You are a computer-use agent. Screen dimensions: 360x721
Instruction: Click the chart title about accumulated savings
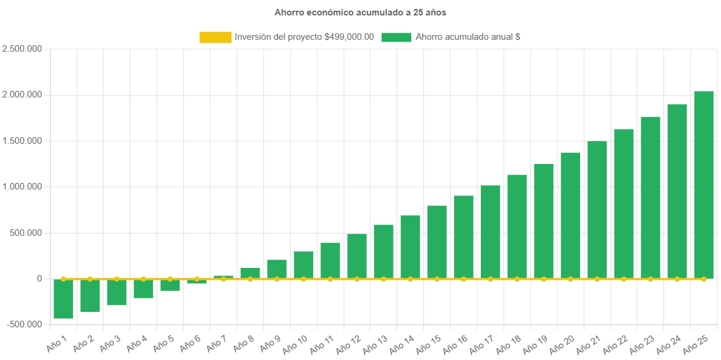click(360, 12)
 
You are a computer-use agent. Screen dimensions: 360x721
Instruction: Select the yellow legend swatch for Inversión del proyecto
click(215, 37)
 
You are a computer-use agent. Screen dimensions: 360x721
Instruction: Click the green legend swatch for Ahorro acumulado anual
click(396, 37)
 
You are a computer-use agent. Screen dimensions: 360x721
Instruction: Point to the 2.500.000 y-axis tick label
click(22, 49)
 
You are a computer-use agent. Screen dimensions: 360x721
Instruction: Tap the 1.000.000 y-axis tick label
click(22, 187)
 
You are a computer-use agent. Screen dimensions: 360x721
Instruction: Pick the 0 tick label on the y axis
click(39, 279)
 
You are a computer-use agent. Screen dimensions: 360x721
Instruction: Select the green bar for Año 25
click(704, 184)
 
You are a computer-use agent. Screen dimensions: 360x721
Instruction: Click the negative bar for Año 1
click(64, 299)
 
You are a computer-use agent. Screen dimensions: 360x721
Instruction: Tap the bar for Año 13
click(383, 251)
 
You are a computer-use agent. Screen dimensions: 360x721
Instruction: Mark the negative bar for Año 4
click(143, 289)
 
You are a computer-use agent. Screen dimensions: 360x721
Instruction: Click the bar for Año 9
click(277, 269)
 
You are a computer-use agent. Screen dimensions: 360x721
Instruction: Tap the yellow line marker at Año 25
click(704, 279)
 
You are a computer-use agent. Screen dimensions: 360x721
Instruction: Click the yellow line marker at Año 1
click(64, 279)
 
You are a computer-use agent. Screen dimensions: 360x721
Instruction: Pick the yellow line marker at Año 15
click(437, 279)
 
